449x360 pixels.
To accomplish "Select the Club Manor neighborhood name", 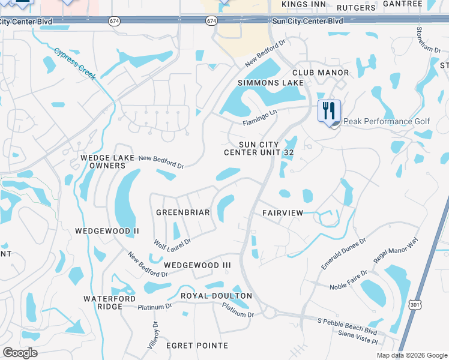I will coord(321,73).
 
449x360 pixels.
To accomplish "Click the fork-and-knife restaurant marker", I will coord(329,112).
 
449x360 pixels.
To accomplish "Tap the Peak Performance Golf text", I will coord(386,121).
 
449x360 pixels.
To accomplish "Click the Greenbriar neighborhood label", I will coord(182,212).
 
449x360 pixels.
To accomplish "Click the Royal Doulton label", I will coord(216,296).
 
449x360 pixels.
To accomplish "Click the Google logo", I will coord(19,353).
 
